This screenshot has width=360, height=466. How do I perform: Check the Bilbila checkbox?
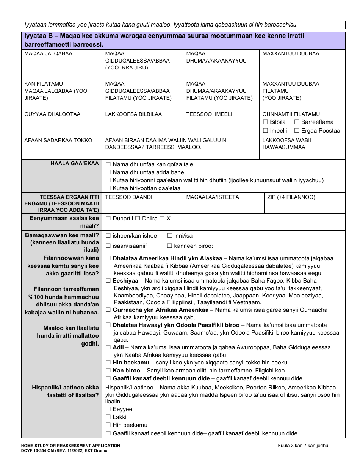(x=265, y=122)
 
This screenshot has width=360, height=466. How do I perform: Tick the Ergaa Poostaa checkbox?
(x=297, y=131)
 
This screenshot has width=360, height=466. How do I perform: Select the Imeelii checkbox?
(x=265, y=131)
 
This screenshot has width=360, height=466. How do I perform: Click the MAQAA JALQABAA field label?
(x=48, y=54)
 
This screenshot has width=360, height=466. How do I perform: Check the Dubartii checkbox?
(x=108, y=219)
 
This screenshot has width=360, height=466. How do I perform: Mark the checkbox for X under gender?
(x=162, y=219)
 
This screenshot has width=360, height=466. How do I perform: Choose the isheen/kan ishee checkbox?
(x=108, y=236)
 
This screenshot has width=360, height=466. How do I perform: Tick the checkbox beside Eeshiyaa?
(x=108, y=281)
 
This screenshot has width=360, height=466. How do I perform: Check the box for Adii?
(x=108, y=347)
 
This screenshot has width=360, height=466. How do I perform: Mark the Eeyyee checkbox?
(x=108, y=409)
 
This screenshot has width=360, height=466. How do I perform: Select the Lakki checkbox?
(x=108, y=417)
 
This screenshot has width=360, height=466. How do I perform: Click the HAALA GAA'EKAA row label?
(x=75, y=164)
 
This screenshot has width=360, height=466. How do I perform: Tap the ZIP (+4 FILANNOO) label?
(x=291, y=197)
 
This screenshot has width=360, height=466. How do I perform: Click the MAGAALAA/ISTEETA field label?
(x=213, y=197)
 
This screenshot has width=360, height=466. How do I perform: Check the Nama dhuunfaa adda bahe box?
(x=108, y=172)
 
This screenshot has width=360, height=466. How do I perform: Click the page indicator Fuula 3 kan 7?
(x=302, y=446)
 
